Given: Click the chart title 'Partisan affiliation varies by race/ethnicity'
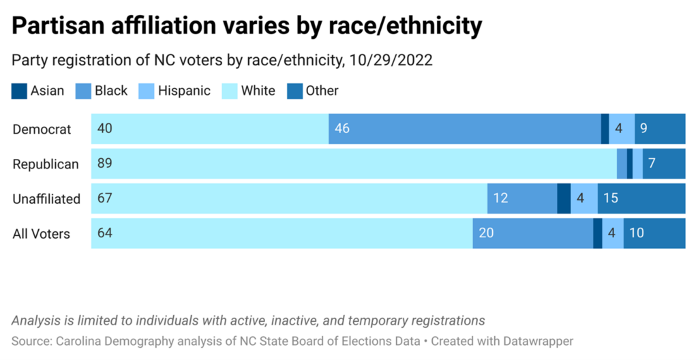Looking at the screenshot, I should coord(247,26).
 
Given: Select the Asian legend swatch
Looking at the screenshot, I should coord(20,91).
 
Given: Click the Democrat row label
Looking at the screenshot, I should coord(42,130).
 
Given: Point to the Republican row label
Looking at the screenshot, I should coord(46,164).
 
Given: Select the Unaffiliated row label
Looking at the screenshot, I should coord(46,199).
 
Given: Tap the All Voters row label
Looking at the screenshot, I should coord(42,234).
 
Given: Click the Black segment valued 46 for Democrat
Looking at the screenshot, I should coord(464,129).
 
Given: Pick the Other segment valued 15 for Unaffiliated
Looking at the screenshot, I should coord(641,198).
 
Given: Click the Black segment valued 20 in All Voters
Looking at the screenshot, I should coord(532,233).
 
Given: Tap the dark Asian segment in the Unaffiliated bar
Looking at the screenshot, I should coord(564,198).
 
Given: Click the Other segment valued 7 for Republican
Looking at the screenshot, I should coord(664,164).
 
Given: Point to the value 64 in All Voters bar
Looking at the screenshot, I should coord(105,233).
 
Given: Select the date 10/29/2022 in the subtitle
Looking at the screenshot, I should coord(391,60).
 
